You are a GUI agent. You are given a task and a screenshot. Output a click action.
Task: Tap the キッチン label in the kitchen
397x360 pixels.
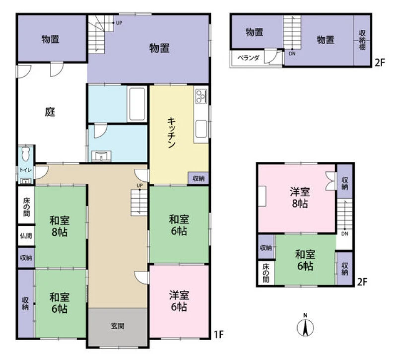point(171,133)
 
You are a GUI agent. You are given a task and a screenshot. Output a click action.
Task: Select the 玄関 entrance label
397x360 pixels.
point(118,326)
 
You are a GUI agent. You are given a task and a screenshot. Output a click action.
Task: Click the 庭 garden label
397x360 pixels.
point(50,112)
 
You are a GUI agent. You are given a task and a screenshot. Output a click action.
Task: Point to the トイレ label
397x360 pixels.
point(26,170)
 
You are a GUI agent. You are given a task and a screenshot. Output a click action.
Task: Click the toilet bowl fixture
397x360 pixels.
point(26,153)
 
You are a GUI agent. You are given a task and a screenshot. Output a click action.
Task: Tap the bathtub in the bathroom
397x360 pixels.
point(137,104)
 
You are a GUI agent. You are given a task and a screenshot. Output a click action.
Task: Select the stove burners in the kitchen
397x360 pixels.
point(201,96)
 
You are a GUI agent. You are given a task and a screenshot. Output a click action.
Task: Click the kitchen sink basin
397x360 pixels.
point(201,129)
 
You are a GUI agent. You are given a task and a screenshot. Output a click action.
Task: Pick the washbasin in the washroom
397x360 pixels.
point(101,155)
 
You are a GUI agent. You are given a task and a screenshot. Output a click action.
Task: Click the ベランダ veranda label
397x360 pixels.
point(249,58)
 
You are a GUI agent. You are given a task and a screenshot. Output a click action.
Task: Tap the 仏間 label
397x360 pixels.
point(26,236)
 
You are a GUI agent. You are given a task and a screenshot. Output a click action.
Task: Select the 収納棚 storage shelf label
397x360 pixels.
point(362,40)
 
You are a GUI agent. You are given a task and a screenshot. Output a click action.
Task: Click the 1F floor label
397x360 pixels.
point(219,334)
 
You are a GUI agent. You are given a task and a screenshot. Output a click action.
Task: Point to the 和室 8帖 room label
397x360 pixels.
point(60,226)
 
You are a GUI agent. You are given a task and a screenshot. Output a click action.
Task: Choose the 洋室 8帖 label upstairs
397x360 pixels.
point(300,197)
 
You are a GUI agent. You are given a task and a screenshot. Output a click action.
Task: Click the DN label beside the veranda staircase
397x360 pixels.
point(292,54)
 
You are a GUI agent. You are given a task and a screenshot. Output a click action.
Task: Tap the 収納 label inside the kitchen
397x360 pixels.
point(198,178)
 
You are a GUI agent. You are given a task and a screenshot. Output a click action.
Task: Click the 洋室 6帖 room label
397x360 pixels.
point(179,301)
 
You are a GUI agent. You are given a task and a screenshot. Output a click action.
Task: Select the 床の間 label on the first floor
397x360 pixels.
point(26,207)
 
